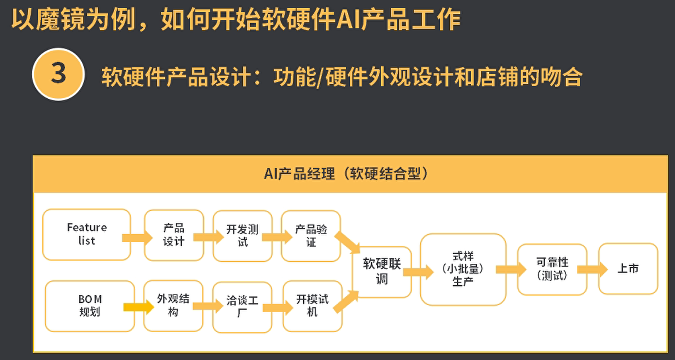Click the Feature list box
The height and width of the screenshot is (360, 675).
87,234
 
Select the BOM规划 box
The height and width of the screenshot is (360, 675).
90,306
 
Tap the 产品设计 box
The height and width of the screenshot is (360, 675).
174,235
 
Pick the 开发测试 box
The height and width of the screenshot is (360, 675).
242,236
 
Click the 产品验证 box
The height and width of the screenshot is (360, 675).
311,236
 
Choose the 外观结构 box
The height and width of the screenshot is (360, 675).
173,305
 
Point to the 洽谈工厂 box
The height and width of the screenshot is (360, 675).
242,307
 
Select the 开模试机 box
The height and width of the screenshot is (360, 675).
312,306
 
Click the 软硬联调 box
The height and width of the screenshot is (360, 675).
382,272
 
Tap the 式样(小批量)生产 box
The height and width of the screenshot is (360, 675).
463,269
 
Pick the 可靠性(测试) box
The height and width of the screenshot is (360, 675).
552,269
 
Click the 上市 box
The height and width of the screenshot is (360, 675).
628,269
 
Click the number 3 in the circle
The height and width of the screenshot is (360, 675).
58,74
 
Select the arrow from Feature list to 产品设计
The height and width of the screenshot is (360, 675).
137,238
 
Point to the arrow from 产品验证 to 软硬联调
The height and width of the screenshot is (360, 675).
347,242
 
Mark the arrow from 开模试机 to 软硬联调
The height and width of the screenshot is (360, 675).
346,301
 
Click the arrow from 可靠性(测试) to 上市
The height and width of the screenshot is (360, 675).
592,270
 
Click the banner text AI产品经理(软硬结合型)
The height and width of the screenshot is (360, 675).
346,174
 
